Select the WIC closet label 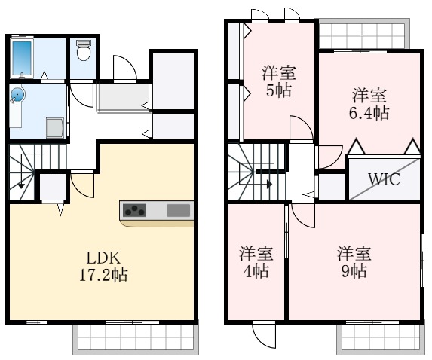384,180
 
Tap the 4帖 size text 256,270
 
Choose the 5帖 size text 277,90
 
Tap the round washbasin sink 17,95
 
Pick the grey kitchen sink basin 179,209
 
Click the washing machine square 55,128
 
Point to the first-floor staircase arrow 21,181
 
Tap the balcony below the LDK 136,338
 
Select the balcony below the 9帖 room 379,338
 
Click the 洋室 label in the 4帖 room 256,252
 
